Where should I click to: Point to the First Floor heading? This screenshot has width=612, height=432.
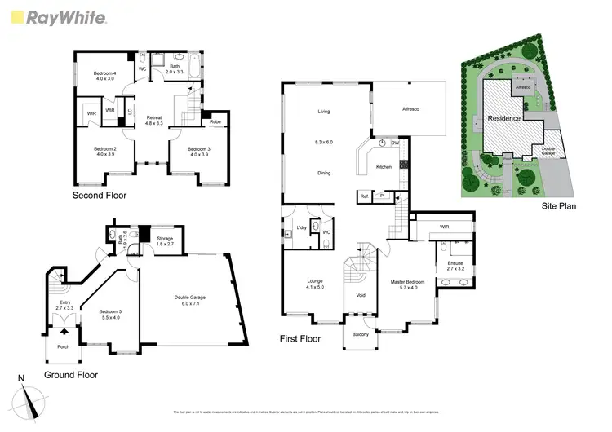pyautogui.click(x=300, y=338)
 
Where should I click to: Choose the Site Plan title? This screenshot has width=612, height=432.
pyautogui.click(x=561, y=206)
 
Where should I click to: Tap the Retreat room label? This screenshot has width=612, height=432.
pyautogui.click(x=153, y=120)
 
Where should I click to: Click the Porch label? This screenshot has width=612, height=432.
pyautogui.click(x=63, y=346)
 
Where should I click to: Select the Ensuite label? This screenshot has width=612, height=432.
pyautogui.click(x=455, y=265)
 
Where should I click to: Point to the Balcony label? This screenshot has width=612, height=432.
pyautogui.click(x=360, y=334)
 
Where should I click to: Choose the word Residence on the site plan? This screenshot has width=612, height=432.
pyautogui.click(x=506, y=118)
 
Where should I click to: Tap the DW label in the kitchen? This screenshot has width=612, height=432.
pyautogui.click(x=395, y=143)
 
